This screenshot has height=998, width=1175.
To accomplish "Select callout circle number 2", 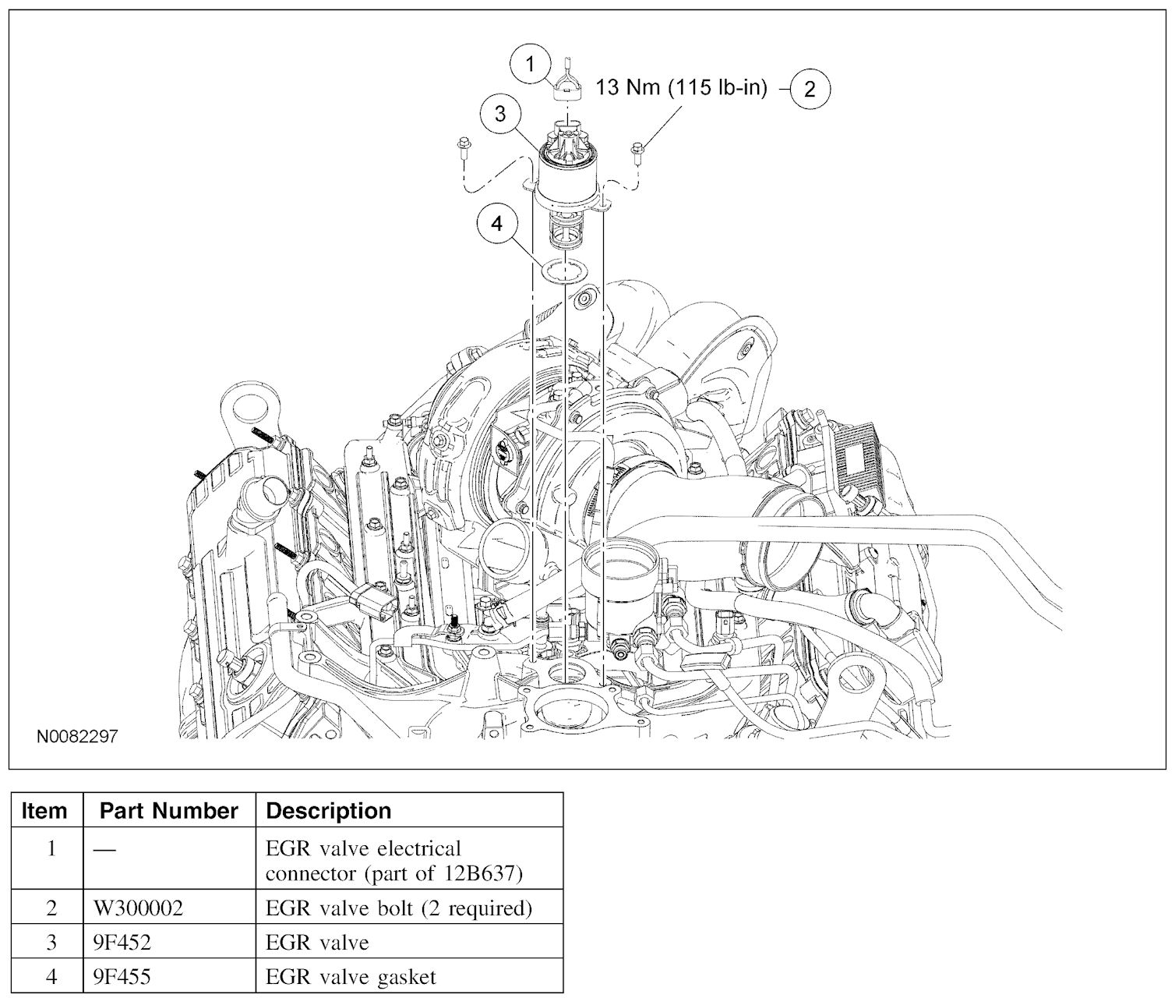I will coord(810,88).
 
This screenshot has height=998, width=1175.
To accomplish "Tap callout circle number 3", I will coord(499,114).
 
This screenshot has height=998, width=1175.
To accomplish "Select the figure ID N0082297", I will coord(76,737).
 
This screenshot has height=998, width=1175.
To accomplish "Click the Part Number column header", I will coord(168,811).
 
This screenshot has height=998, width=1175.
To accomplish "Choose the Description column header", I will coord(329,811).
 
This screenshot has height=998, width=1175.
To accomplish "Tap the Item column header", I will coord(44,811).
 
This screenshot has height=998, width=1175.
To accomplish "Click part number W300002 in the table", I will coord(137,909).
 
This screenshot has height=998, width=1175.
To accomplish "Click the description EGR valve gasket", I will coord(351,976).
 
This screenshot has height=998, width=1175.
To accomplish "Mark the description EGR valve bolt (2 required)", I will coord(399,909).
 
